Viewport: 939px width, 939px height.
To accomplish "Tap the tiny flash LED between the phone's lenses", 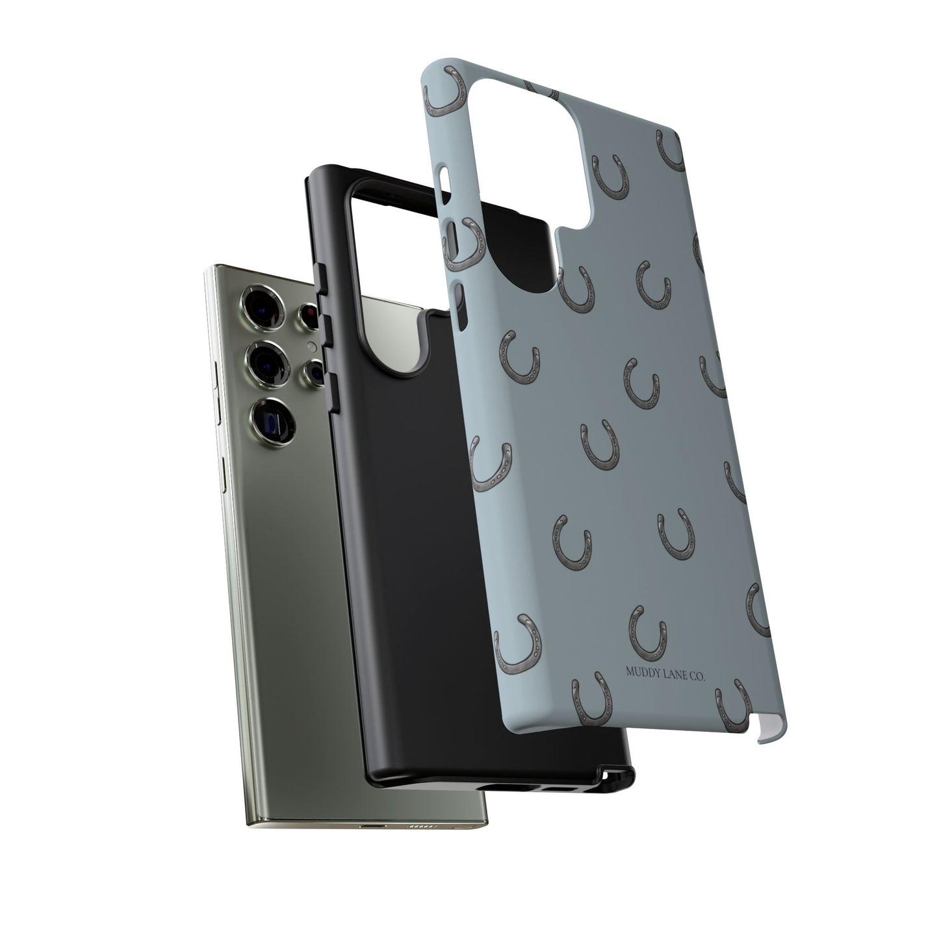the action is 312,347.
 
